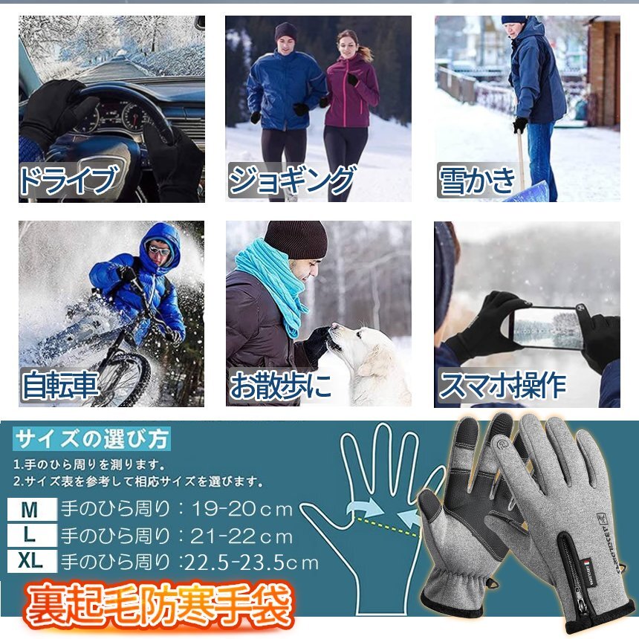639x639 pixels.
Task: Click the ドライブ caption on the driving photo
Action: click(x=69, y=179)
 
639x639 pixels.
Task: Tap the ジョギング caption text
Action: click(x=291, y=180)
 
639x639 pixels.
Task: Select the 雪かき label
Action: click(x=477, y=180)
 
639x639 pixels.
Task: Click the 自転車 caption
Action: click(x=60, y=385)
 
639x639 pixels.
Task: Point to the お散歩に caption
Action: click(x=280, y=385)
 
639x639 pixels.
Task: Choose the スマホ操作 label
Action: click(x=502, y=385)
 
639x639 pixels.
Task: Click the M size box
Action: click(x=32, y=509)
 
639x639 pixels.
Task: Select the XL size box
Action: click(x=32, y=561)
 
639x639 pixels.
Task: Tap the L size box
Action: click(x=32, y=535)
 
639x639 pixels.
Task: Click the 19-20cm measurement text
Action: click(x=242, y=509)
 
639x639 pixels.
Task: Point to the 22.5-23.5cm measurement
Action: click(x=250, y=562)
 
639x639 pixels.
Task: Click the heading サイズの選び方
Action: click(x=91, y=439)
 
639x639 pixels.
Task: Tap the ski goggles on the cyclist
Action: click(x=159, y=249)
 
